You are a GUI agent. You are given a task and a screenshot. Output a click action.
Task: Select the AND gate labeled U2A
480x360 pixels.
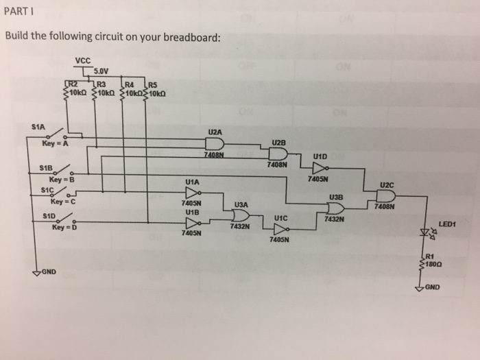[215, 143]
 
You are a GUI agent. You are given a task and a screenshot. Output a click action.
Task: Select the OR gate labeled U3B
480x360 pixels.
[337, 208]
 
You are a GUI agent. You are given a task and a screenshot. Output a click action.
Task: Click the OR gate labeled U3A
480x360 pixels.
[241, 215]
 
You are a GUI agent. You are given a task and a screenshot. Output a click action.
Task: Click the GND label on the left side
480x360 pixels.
[47, 272]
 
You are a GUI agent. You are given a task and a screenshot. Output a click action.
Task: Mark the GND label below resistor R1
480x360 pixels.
[433, 287]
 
